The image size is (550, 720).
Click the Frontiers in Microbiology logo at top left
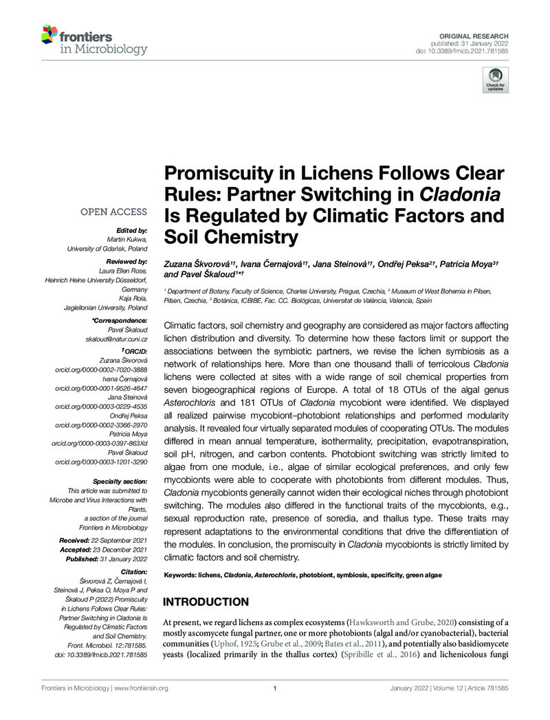click(94, 40)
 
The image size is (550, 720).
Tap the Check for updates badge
click(496, 81)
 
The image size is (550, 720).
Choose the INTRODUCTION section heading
click(206, 602)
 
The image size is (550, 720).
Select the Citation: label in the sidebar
click(133, 572)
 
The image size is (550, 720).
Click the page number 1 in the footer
click(274, 688)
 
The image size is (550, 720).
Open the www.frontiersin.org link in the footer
click(137, 688)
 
